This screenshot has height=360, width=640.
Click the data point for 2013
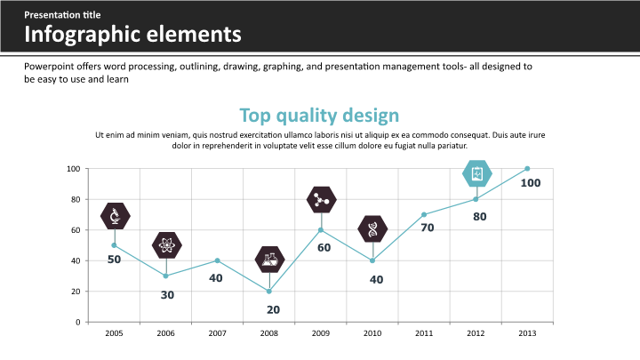tap(527, 169)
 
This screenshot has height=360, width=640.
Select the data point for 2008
tap(269, 292)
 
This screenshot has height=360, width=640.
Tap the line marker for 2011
tap(424, 214)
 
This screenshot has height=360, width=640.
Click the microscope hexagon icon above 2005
tap(115, 216)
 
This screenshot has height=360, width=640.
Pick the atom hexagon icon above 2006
tap(166, 244)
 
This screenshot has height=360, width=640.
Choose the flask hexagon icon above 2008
tap(269, 260)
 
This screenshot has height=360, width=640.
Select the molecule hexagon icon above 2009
tap(321, 200)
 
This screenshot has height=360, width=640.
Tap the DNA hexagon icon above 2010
tap(372, 229)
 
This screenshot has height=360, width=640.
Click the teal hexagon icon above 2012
tap(477, 173)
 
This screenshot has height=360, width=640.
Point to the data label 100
tap(530, 183)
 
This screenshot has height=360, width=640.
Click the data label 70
tap(427, 228)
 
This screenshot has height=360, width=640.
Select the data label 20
tap(273, 310)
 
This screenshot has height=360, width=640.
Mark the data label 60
tap(324, 247)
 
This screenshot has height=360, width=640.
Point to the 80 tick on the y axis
tap(75, 199)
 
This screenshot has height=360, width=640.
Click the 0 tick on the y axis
tap(77, 322)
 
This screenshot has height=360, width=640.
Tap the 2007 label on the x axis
tap(218, 333)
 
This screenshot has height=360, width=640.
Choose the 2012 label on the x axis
tap(476, 333)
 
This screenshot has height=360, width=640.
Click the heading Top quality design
tap(319, 116)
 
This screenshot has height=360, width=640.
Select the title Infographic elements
tap(132, 36)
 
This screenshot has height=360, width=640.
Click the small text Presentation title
tap(62, 15)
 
